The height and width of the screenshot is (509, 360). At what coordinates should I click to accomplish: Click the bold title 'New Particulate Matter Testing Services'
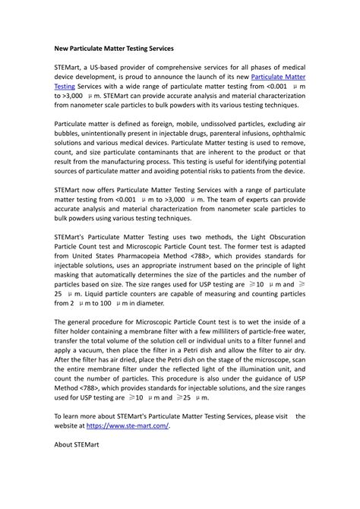[x=114, y=47]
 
